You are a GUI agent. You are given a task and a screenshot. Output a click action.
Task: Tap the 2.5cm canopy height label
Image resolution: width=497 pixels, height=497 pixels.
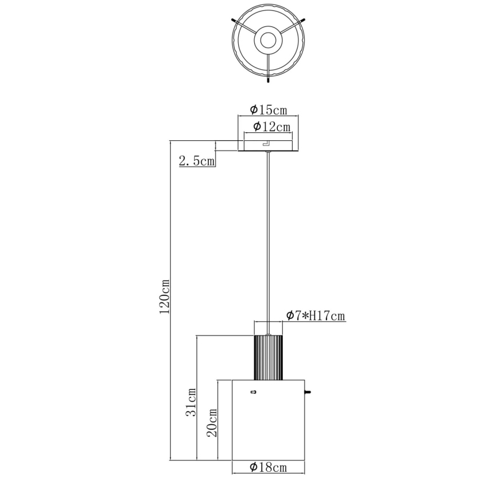[x=196, y=161]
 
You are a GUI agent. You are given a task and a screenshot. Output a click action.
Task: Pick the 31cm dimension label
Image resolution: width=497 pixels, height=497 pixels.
[x=192, y=402]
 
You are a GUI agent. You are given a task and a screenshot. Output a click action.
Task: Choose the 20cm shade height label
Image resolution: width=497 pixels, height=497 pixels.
[x=212, y=423]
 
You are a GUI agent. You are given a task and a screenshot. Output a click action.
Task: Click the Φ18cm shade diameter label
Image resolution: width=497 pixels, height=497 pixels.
[x=268, y=468]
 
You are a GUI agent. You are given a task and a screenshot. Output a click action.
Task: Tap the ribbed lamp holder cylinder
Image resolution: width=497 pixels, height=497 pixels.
[x=268, y=357]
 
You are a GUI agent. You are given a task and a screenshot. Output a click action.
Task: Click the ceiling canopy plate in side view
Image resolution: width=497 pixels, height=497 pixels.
[x=268, y=146]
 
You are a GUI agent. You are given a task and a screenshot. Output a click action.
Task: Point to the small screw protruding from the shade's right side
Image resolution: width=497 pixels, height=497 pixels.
[x=308, y=392]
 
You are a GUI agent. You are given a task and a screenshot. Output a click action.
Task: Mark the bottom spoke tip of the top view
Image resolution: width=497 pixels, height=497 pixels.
[x=268, y=81]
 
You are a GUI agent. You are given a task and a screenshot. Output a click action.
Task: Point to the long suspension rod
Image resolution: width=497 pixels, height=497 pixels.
[x=268, y=235]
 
